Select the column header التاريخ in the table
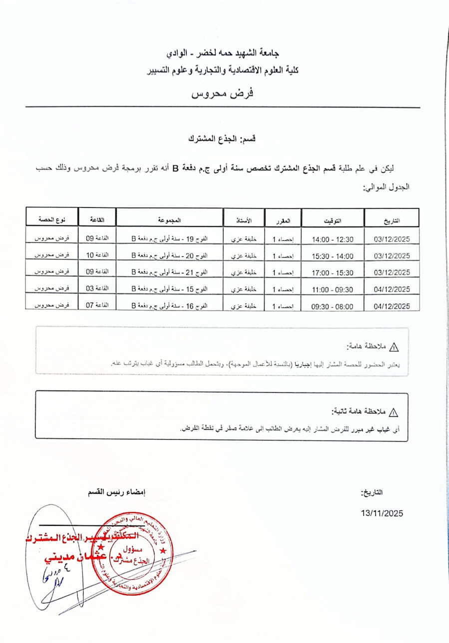[392, 220]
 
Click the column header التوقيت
[333, 220]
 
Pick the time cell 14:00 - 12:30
[333, 239]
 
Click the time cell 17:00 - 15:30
[333, 273]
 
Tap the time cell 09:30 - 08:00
[333, 306]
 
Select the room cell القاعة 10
[97, 255]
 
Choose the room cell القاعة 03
[97, 288]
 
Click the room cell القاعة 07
[97, 305]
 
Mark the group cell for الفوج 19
[170, 239]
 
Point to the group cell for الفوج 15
[170, 289]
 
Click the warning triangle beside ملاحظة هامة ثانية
[394, 412]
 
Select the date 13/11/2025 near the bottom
[382, 513]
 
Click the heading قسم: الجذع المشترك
[222, 138]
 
